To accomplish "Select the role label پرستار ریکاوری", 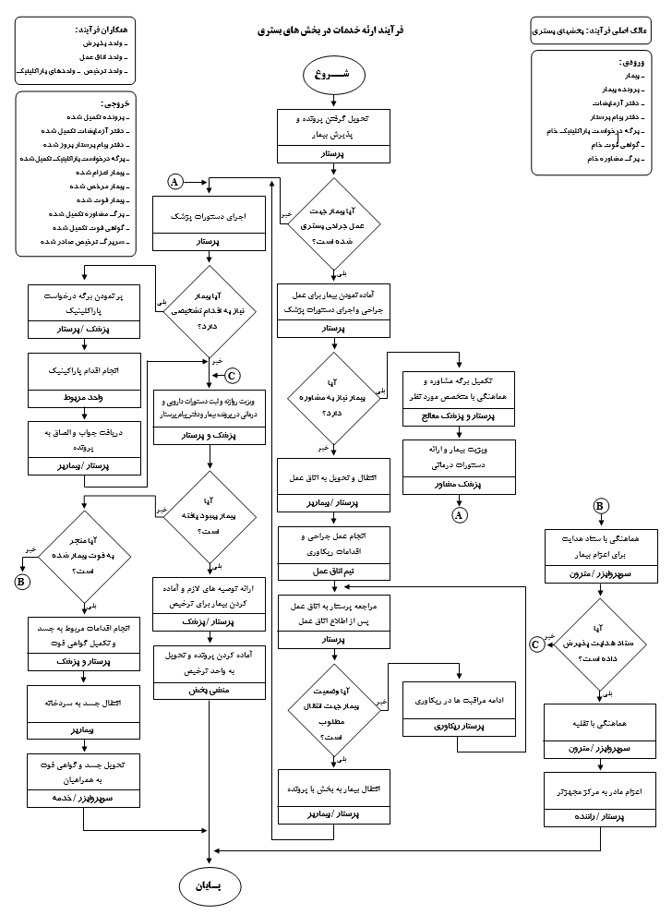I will point(459,727).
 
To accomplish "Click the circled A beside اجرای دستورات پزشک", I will point(174,182).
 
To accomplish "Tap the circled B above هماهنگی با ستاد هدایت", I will point(600,506).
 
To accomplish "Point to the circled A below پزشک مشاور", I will point(459,515).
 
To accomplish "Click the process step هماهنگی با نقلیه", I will point(599,726).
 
